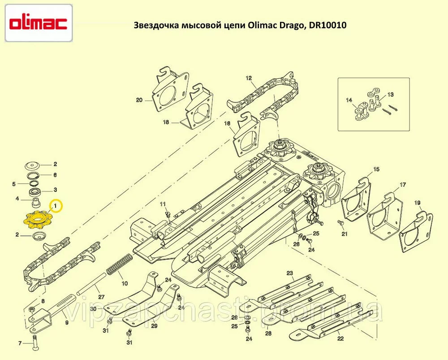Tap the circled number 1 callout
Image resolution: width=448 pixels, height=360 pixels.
coord(56,206)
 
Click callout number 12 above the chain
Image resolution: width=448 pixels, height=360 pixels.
coord(249,78)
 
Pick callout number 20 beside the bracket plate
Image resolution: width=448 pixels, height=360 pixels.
coord(139,100)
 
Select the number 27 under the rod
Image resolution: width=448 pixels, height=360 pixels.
coord(101,297)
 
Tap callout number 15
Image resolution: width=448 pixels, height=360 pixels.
coord(376,169)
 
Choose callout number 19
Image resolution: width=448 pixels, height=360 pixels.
coord(417,203)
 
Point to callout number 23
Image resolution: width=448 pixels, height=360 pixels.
coord(290,273)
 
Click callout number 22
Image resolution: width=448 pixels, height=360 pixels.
coord(340,339)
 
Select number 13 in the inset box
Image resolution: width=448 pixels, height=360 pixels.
coord(391,94)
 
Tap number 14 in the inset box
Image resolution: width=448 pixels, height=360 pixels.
coord(349,100)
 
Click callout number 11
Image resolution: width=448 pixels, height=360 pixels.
coord(163,204)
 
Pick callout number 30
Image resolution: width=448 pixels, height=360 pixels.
coord(94,309)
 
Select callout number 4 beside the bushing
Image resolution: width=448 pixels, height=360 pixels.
coord(17,199)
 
